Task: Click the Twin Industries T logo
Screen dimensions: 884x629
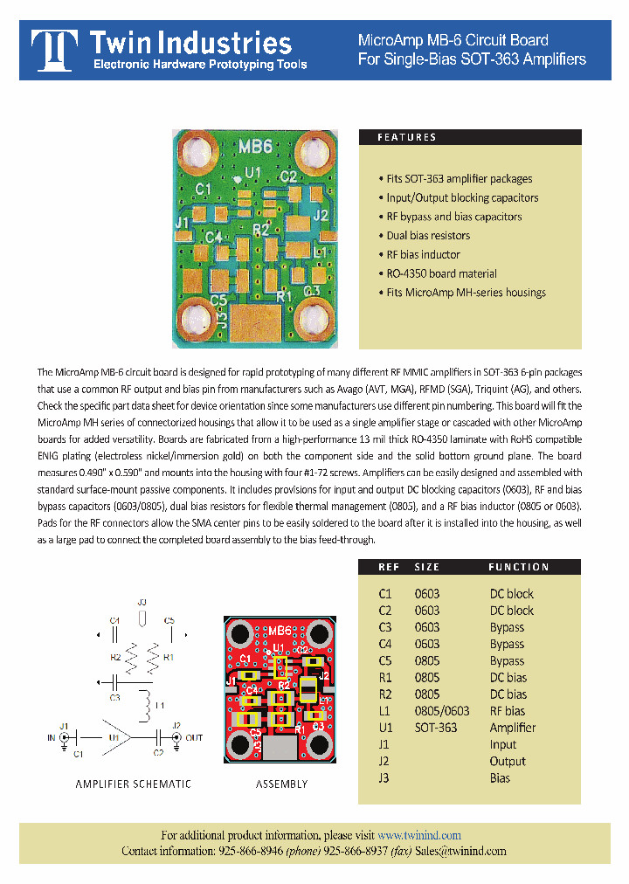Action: coord(53,50)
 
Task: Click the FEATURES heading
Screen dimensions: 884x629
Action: coord(406,137)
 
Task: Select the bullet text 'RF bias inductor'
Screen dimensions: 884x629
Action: coord(423,254)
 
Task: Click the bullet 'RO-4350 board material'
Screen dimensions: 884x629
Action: coord(441,273)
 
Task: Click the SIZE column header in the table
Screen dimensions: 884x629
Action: coord(427,567)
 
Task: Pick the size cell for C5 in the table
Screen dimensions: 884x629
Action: coord(426,660)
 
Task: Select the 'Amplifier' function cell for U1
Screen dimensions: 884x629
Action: coord(512,728)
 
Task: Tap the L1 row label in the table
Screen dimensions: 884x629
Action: coord(384,711)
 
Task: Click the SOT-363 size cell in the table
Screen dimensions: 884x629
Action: coord(435,728)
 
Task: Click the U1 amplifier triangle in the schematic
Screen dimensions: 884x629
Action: coord(117,737)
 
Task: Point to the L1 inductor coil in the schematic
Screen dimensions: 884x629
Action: coord(149,701)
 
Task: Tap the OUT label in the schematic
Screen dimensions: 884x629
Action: coord(194,738)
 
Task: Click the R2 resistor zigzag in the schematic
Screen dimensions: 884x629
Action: coord(131,655)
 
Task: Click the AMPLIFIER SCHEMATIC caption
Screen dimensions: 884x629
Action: coord(133,784)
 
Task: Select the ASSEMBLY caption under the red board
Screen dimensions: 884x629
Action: coord(281,784)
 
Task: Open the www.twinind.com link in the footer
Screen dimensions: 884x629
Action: coord(418,835)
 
